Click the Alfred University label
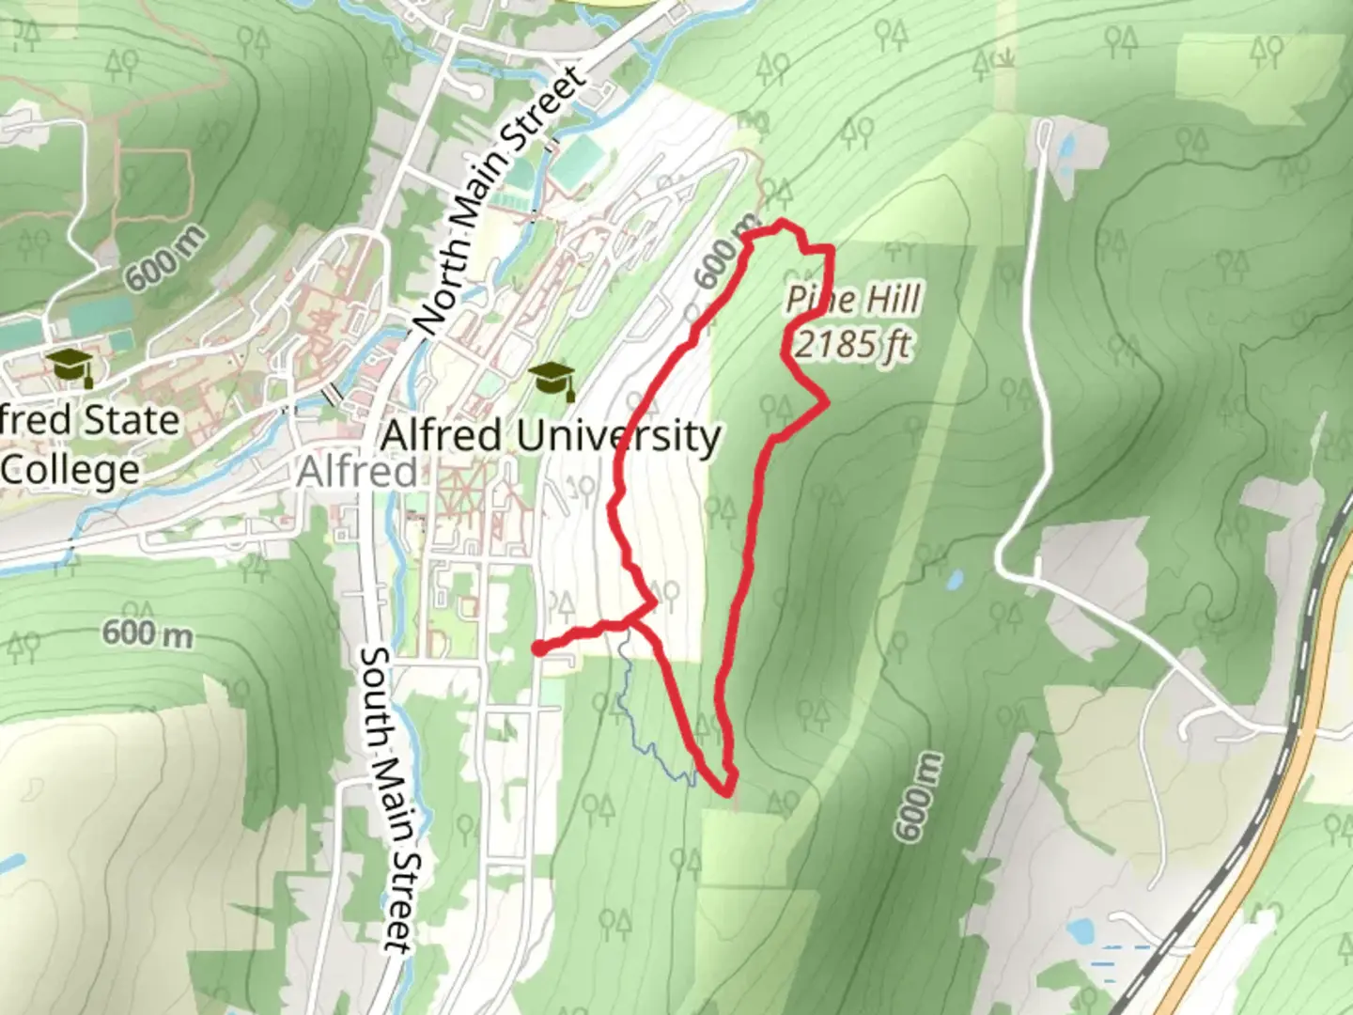click(552, 436)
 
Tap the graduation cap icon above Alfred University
click(552, 381)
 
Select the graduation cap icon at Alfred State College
click(70, 367)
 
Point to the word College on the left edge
click(70, 469)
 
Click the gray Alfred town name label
click(357, 470)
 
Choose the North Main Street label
click(498, 202)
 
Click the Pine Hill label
click(853, 300)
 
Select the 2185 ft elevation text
click(853, 344)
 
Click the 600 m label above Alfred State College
click(164, 258)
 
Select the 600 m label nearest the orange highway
click(917, 797)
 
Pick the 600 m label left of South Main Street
click(148, 632)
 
